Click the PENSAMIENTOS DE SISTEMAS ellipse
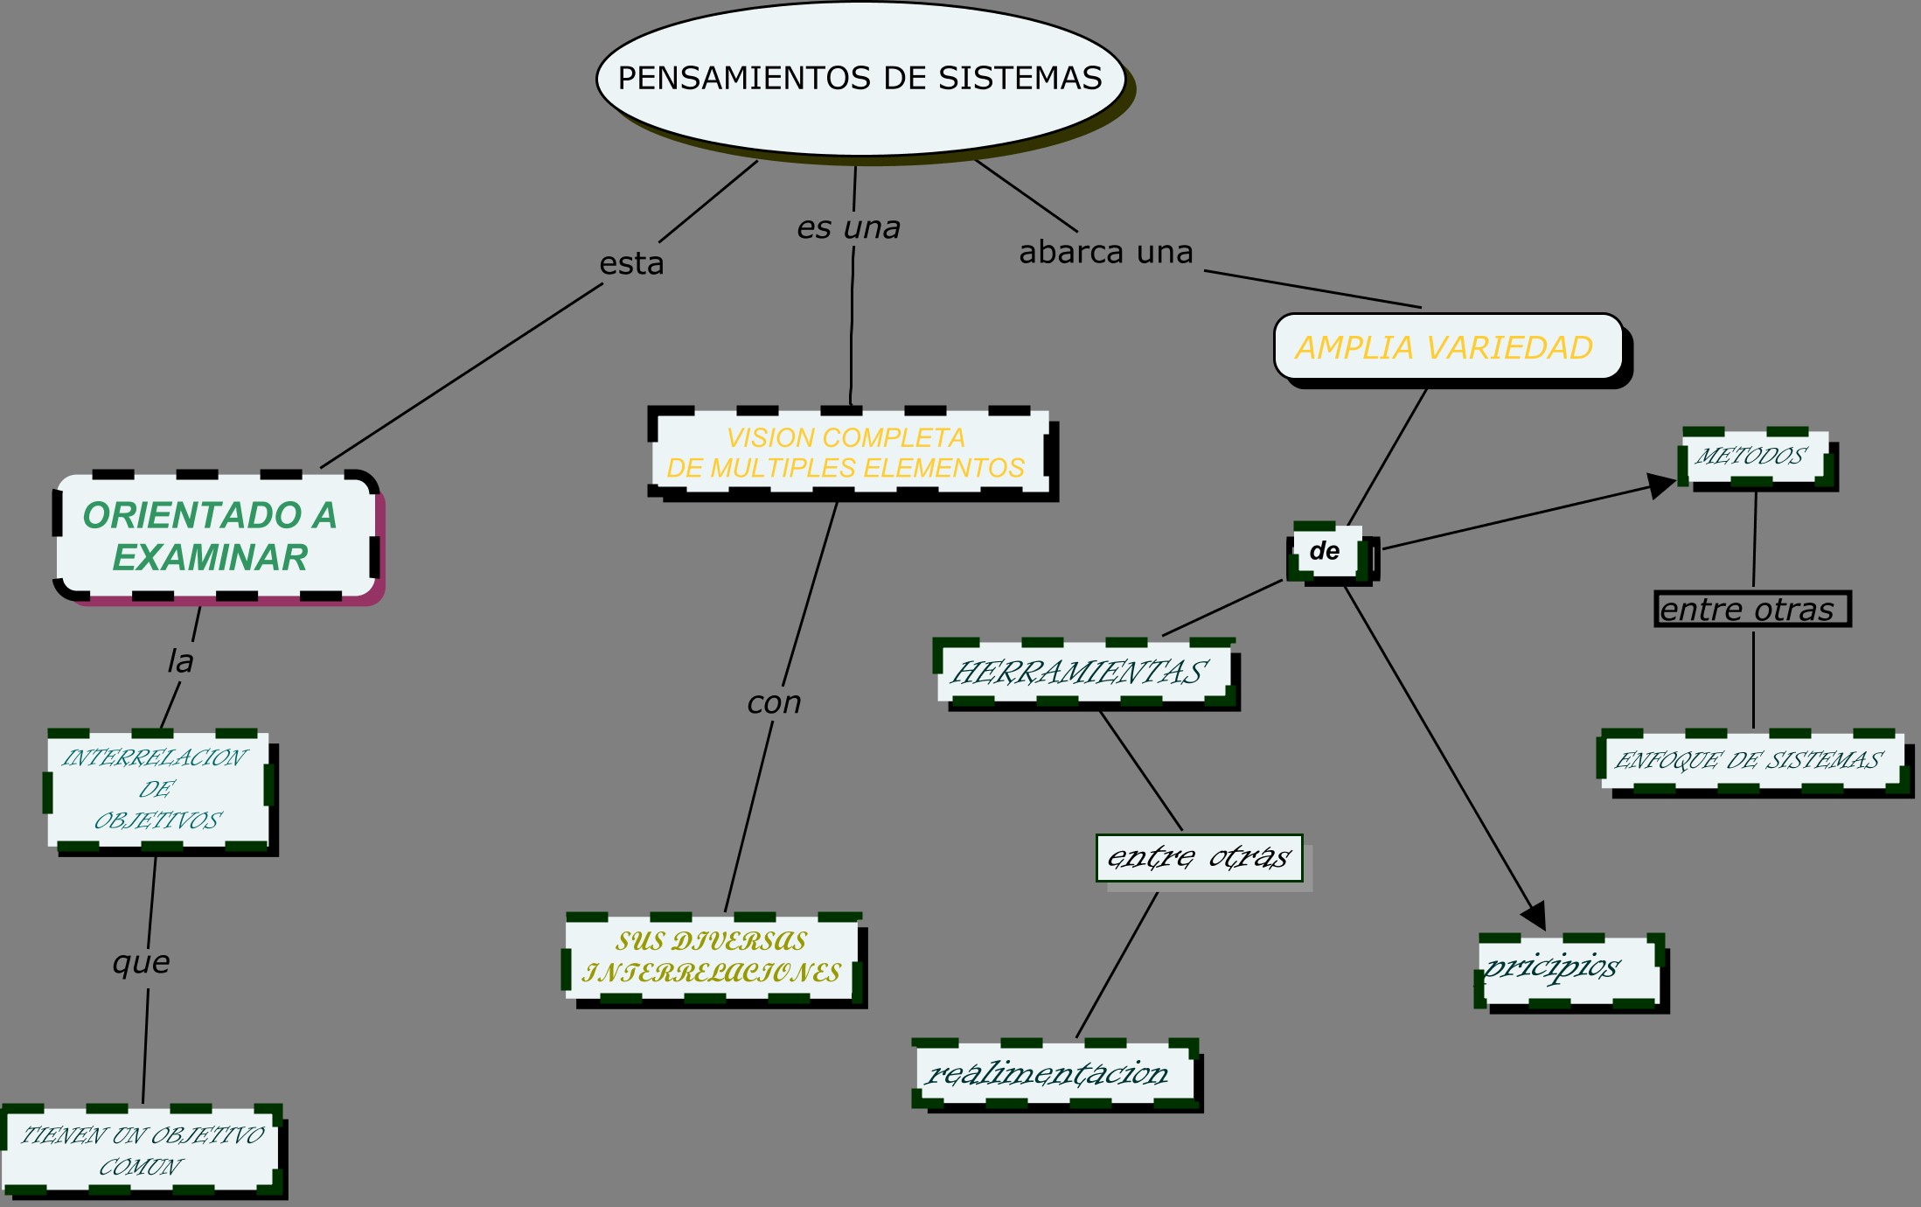(860, 79)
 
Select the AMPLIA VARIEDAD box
(1447, 347)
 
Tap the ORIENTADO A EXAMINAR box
(215, 537)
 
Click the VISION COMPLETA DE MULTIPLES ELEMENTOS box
(848, 452)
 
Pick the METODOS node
(1753, 457)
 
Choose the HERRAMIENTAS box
(1082, 673)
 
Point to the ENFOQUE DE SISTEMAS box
(1749, 760)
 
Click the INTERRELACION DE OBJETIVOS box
(157, 789)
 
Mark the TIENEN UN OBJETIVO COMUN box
(142, 1150)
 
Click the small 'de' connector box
(1326, 552)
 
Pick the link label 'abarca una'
(1106, 253)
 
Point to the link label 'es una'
(848, 228)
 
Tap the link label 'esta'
(631, 264)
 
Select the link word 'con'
(774, 703)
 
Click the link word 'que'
(142, 963)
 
